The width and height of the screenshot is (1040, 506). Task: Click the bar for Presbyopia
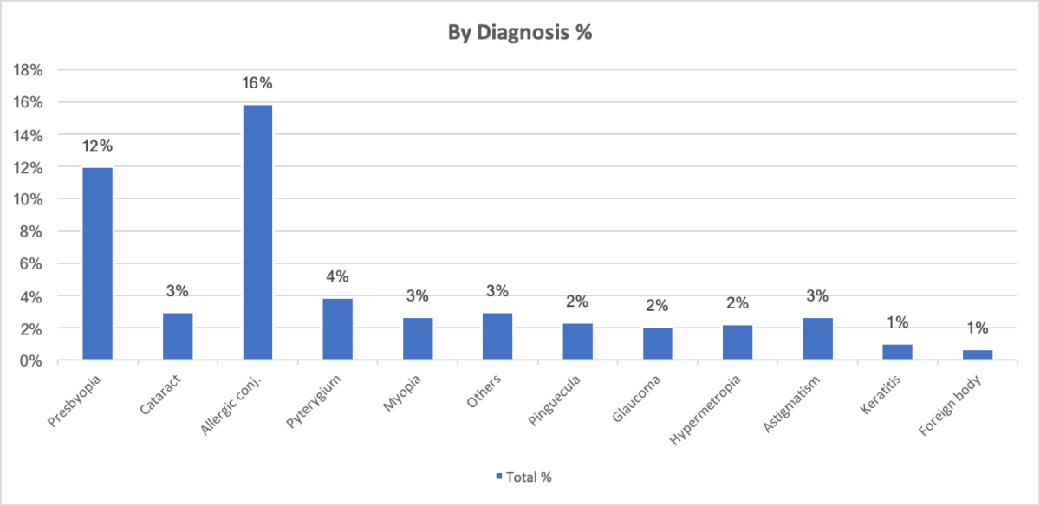(97, 263)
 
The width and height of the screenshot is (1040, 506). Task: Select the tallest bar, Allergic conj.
(257, 232)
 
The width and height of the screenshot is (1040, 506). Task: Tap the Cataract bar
(178, 336)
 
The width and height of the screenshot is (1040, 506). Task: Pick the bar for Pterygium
(337, 328)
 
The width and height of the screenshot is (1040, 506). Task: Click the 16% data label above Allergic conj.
(258, 83)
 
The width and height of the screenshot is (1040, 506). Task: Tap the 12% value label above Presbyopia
(98, 146)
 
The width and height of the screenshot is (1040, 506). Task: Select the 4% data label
(337, 276)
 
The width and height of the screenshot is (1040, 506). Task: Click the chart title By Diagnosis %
(519, 34)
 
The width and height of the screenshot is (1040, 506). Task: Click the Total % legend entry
(524, 477)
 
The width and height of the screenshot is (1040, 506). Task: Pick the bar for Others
(497, 336)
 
